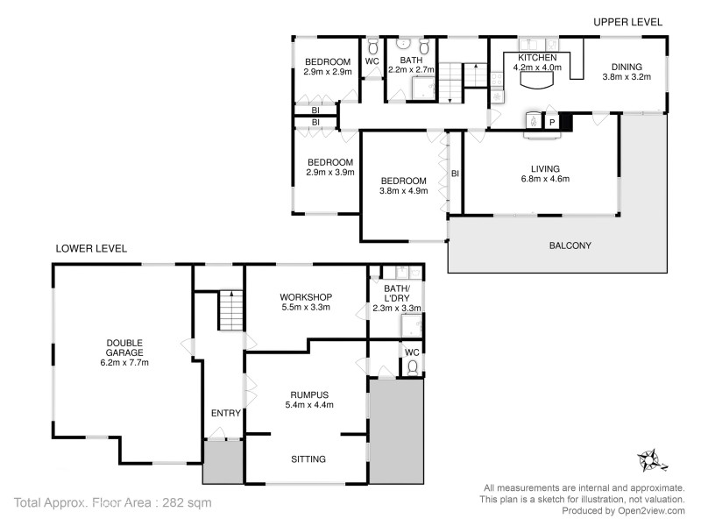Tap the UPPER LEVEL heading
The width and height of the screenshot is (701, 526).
coord(627,21)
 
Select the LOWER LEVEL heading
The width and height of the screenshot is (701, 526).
coord(91,248)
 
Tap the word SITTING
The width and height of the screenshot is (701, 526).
coord(308,458)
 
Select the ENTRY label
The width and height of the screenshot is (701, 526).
coord(224,413)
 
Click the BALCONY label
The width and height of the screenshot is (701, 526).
coord(570,245)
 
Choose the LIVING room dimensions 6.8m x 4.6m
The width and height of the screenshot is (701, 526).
coord(545,180)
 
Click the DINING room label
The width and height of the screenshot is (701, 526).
coord(627,66)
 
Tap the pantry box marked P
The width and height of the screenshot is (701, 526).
coord(551,123)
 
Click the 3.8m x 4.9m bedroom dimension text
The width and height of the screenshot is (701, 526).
coord(403,191)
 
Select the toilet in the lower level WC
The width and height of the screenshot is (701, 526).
coord(412,367)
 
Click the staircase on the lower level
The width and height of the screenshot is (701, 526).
coord(229,311)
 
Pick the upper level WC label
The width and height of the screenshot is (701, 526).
coord(372,61)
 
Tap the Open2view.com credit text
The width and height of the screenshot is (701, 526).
coord(623,510)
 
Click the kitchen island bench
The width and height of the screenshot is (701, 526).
coord(536,79)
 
